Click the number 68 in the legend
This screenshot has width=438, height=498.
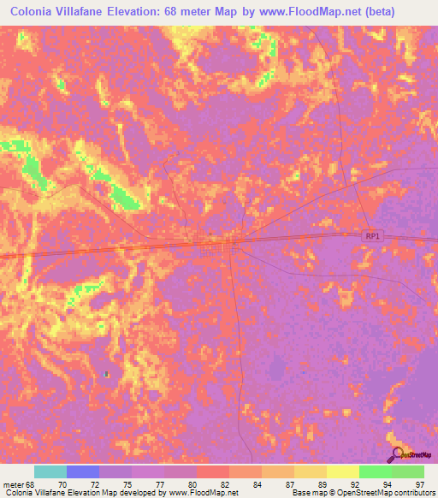32,483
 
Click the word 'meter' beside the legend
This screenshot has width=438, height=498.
14,483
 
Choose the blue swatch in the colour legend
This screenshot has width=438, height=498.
82,471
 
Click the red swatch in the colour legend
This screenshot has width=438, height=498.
212,471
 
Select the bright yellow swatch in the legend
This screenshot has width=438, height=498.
342,471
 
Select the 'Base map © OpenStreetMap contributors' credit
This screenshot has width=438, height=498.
363,494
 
